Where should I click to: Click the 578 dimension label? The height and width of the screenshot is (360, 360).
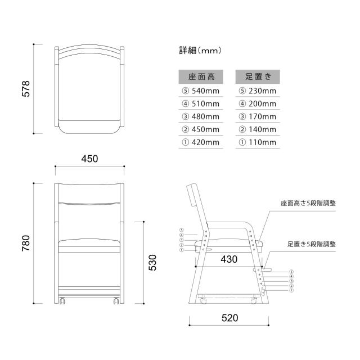(x=26, y=89)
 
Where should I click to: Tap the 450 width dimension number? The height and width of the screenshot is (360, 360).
(x=89, y=159)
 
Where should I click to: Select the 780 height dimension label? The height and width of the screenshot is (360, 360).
(x=26, y=243)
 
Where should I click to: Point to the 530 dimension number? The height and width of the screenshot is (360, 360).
(x=152, y=263)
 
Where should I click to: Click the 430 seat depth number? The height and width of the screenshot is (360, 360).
(x=229, y=259)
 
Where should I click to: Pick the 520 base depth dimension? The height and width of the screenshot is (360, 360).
(x=230, y=318)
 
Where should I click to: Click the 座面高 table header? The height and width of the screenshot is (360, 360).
(x=201, y=76)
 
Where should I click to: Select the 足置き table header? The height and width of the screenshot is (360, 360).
(x=258, y=76)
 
